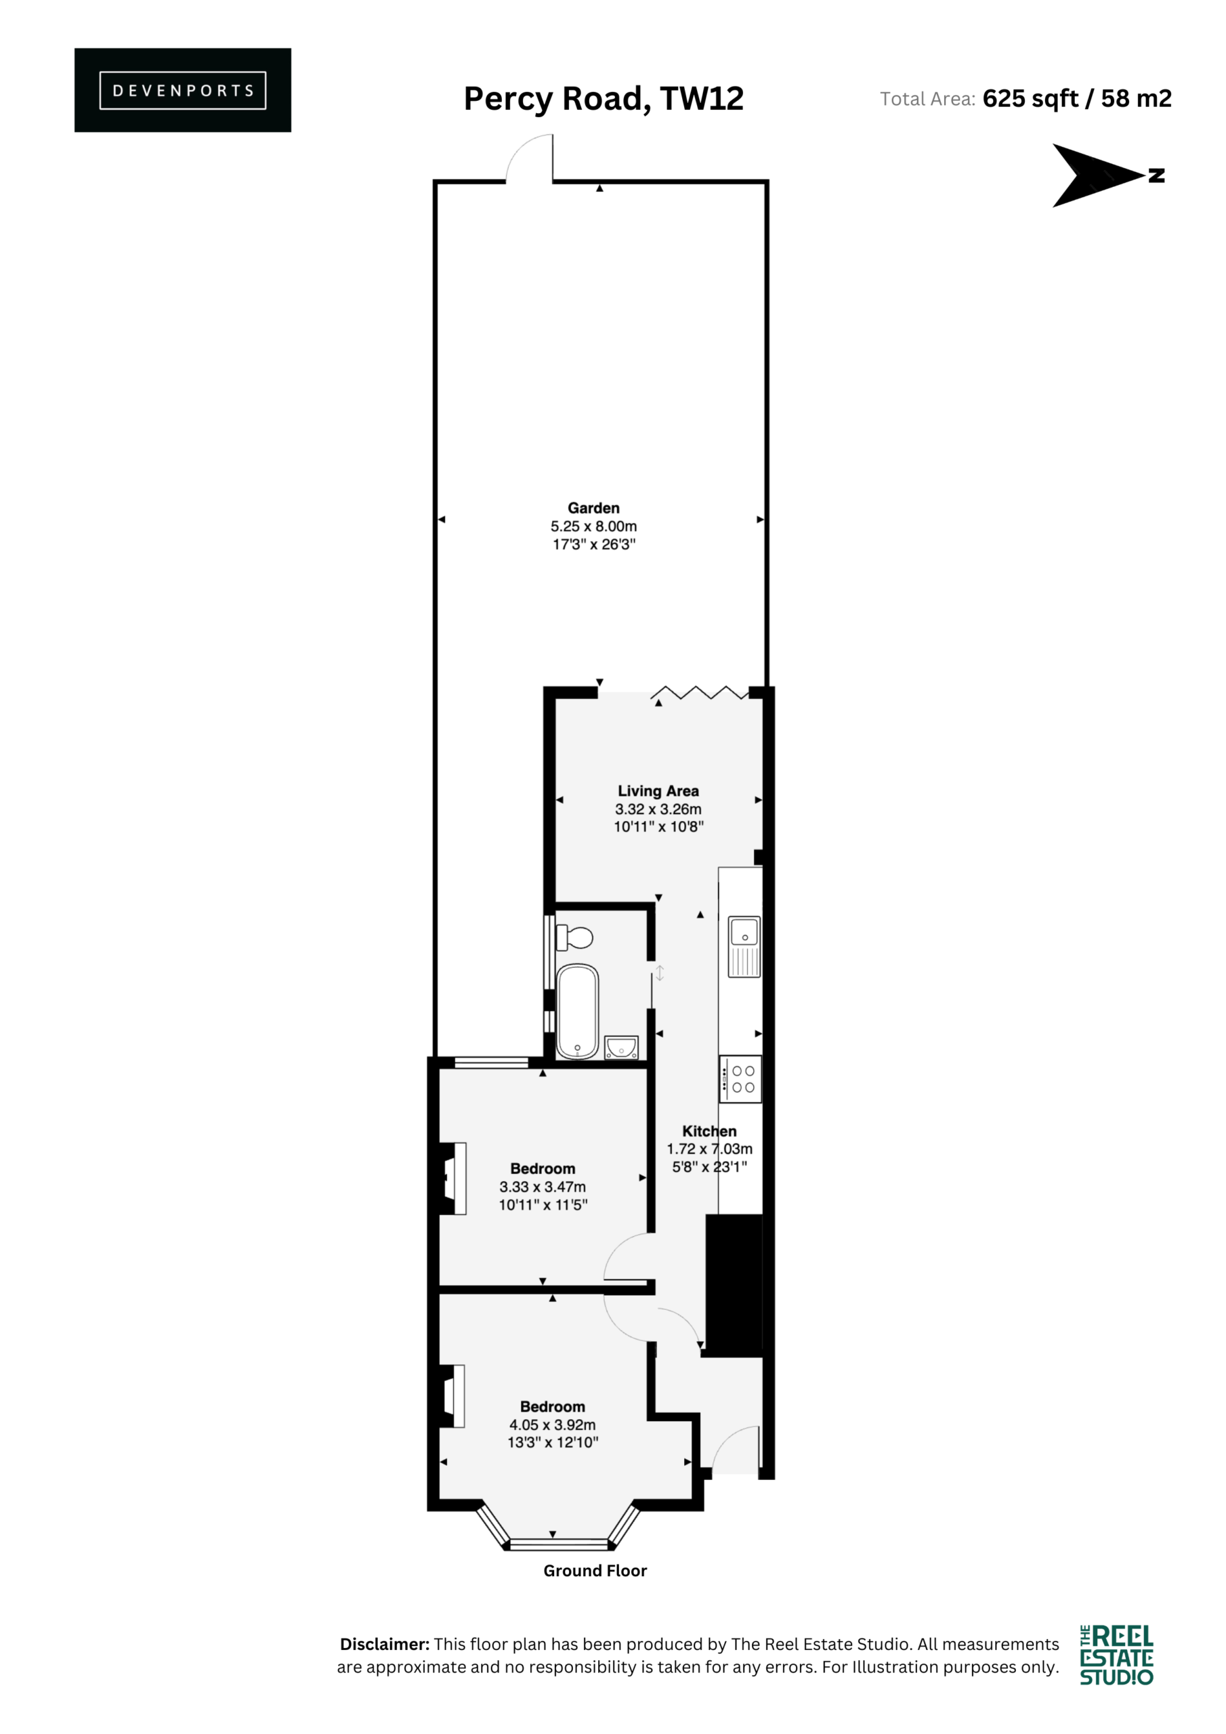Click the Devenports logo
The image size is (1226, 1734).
click(183, 90)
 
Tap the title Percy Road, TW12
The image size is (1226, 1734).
click(604, 98)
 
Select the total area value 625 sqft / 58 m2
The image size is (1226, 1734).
click(1077, 98)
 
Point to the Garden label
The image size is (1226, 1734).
click(594, 507)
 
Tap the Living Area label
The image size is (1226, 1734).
click(658, 790)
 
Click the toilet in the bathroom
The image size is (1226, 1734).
click(574, 938)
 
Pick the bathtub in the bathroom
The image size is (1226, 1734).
click(577, 1011)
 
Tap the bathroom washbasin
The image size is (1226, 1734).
click(621, 1047)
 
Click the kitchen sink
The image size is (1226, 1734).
click(744, 946)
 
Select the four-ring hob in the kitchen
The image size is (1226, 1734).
click(740, 1079)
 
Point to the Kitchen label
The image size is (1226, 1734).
click(709, 1130)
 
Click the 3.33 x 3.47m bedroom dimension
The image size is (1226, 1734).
click(543, 1187)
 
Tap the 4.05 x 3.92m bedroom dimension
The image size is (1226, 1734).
click(552, 1424)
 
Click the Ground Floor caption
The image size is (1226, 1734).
click(595, 1570)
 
